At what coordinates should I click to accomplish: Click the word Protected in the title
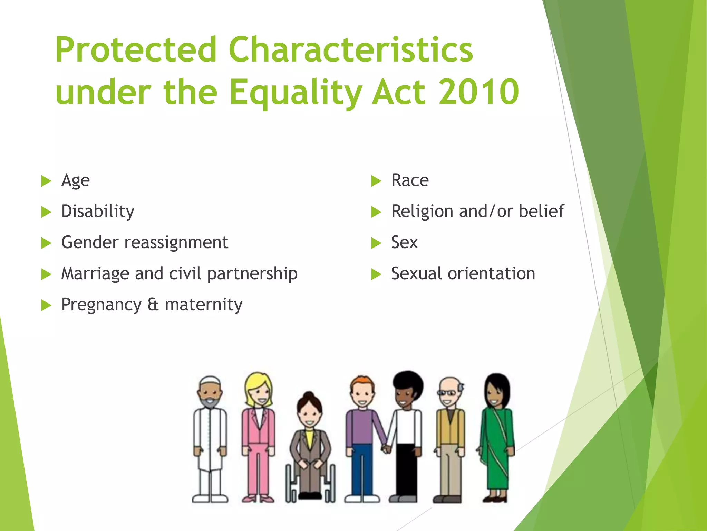135,50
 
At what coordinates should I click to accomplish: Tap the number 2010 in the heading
479,92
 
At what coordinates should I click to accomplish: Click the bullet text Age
75,180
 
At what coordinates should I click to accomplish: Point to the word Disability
98,212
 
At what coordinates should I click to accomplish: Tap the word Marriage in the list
95,274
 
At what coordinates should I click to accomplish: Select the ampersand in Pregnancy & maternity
153,305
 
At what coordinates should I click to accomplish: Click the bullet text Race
410,180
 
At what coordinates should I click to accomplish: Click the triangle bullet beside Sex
376,243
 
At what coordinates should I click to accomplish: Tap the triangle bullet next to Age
46,181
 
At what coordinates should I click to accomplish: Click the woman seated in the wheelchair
310,446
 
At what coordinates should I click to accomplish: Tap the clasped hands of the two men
386,449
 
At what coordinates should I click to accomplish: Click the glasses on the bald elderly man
447,393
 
